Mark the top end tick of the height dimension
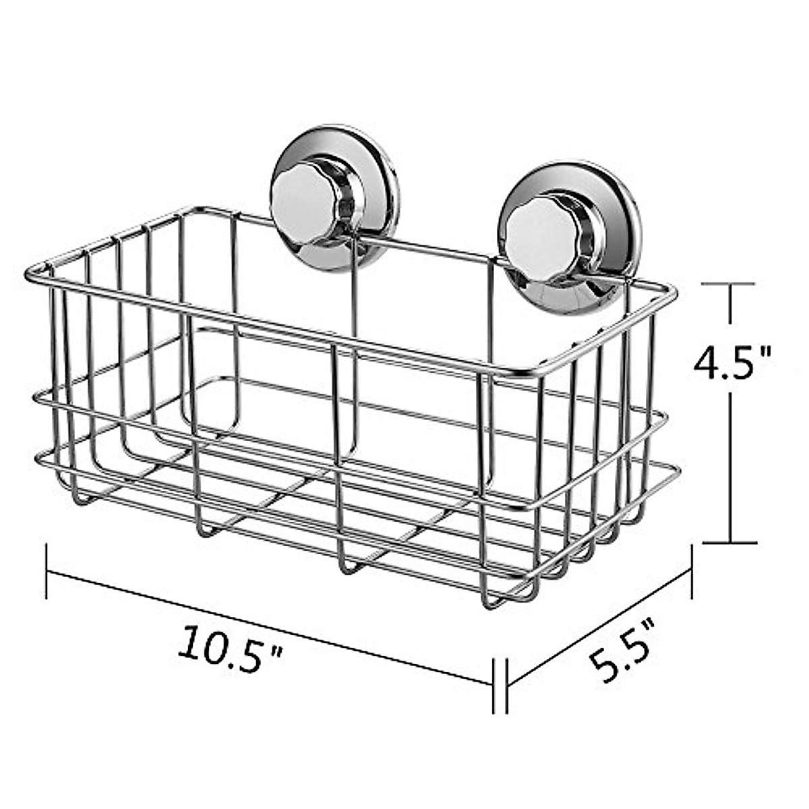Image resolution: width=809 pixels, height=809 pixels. tap(730, 285)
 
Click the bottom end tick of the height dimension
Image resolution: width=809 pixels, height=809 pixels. tap(730, 541)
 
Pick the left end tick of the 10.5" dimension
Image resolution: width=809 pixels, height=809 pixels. tap(47, 572)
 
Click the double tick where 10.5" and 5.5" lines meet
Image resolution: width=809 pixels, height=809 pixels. tap(500, 685)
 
